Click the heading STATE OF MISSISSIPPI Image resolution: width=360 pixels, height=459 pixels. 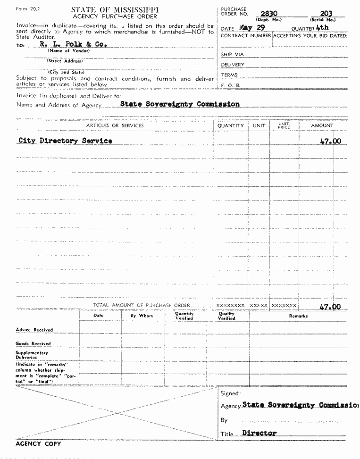(x=115, y=9)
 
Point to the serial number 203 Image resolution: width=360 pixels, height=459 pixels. (x=326, y=14)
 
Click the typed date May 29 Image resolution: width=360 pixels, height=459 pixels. (x=252, y=28)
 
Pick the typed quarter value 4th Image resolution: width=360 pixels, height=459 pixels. (x=322, y=28)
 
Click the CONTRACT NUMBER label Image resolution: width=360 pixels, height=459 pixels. (x=246, y=36)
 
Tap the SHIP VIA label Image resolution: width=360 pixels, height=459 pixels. (x=233, y=54)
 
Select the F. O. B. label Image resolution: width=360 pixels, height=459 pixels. (x=231, y=85)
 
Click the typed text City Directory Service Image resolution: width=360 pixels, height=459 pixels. (x=65, y=141)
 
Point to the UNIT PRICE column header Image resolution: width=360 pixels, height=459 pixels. (x=284, y=125)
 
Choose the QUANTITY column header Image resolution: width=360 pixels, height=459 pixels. (x=231, y=126)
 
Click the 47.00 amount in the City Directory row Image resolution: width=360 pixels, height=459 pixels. (x=330, y=141)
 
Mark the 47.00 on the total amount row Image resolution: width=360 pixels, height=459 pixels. (x=330, y=307)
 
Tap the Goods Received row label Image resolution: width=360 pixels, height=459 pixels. (x=33, y=344)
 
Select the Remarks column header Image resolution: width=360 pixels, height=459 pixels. (x=298, y=316)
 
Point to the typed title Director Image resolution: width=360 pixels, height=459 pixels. (x=260, y=433)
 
